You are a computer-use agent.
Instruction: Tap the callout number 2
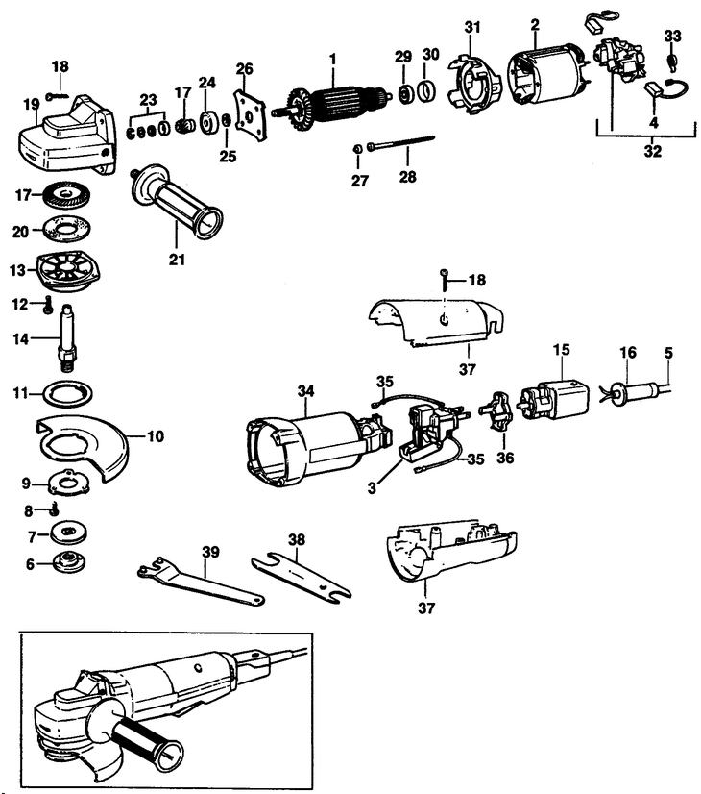pyautogui.click(x=535, y=25)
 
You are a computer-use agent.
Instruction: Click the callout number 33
pyautogui.click(x=672, y=36)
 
